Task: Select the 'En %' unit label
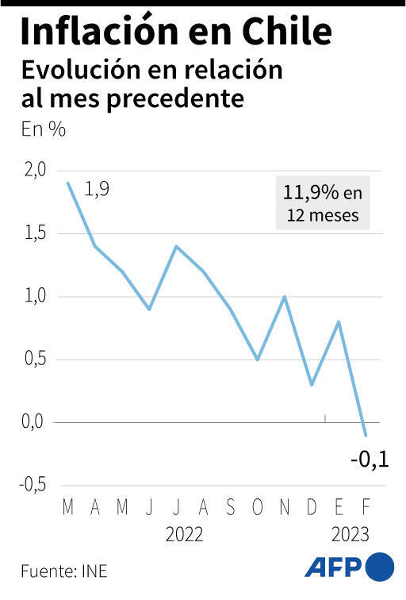[43, 130]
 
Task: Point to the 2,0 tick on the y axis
[36, 170]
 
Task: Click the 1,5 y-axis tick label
[36, 233]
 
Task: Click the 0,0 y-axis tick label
[36, 422]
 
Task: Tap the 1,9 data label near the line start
[97, 190]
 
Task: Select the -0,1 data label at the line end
[370, 458]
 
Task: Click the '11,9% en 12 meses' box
[322, 203]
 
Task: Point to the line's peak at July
[176, 246]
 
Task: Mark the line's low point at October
[258, 360]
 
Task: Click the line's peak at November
[285, 297]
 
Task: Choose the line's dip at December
[312, 385]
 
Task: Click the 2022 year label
[185, 535]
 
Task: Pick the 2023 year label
[350, 535]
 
